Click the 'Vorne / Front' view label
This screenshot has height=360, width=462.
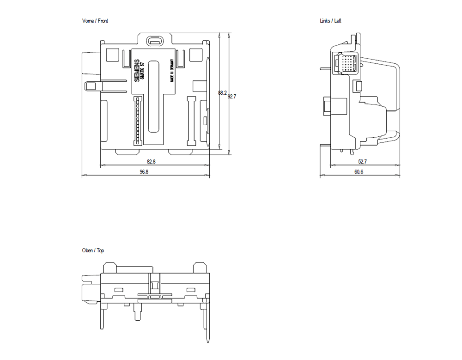(95, 21)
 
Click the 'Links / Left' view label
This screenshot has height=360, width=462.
(330, 21)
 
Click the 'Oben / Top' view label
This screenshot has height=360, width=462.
(93, 250)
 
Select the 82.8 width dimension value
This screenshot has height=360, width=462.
(151, 162)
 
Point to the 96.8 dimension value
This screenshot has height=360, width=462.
(144, 172)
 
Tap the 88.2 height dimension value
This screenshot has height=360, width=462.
(222, 93)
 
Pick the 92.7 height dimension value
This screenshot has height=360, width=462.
(232, 97)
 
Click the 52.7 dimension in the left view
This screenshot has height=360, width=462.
(362, 162)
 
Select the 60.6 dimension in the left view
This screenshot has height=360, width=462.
(359, 172)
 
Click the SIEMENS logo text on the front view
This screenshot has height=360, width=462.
(137, 71)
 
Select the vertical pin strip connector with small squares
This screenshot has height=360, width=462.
(137, 121)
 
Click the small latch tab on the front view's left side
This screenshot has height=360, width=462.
(91, 85)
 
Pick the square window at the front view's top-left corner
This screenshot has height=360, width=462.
(112, 55)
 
